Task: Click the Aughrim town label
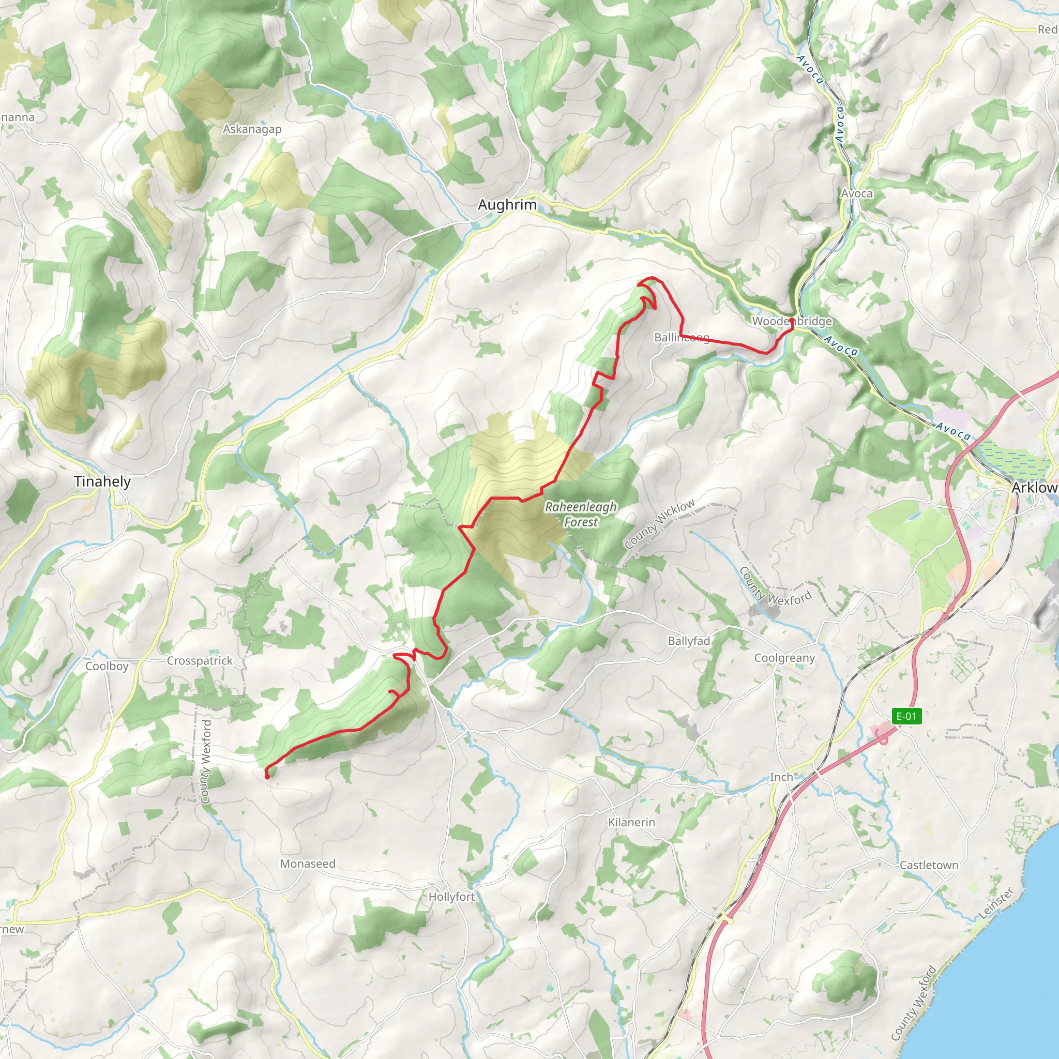point(507,205)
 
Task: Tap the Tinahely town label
point(102,482)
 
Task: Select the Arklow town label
point(1034,487)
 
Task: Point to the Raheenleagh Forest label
point(581,514)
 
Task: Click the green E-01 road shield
point(906,716)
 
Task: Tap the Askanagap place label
point(252,129)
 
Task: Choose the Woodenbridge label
point(792,321)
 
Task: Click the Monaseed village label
point(308,864)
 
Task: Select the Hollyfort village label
point(451,897)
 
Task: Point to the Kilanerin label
point(631,822)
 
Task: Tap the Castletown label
point(929,865)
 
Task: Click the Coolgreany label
point(784,658)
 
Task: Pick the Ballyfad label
point(688,641)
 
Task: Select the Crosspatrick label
point(200,661)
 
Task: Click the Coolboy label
point(107,666)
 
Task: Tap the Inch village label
point(781,777)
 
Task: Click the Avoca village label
point(857,193)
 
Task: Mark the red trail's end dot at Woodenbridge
point(792,320)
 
